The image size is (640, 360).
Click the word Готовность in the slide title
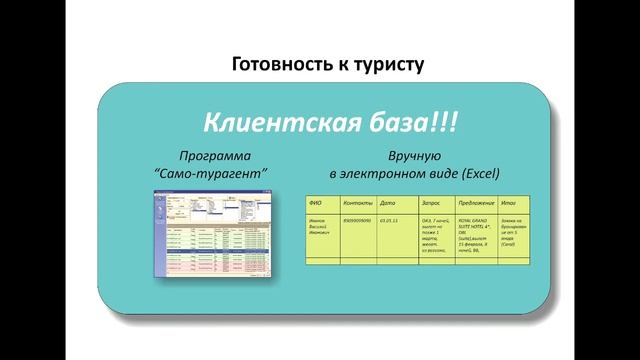click(x=277, y=65)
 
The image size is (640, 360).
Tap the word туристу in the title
click(x=385, y=65)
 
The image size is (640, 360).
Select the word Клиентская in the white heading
click(x=282, y=124)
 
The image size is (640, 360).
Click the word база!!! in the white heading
click(x=410, y=124)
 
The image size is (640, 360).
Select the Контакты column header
click(x=355, y=201)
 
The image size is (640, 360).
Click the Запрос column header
click(x=433, y=201)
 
